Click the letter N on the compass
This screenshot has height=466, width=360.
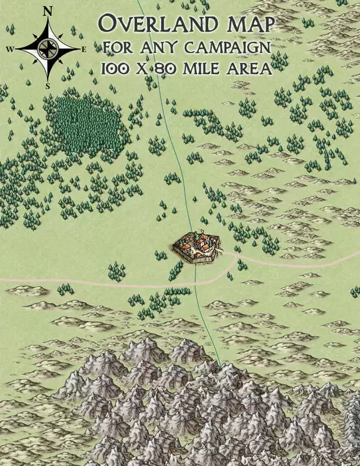pos(48,11)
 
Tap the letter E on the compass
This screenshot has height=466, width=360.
pos(84,50)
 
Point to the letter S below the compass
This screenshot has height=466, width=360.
pos(48,85)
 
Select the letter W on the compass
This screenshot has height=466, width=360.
pos(10,50)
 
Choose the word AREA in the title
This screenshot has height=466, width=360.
pos(251,68)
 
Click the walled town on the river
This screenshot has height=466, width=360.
pos(196,246)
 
